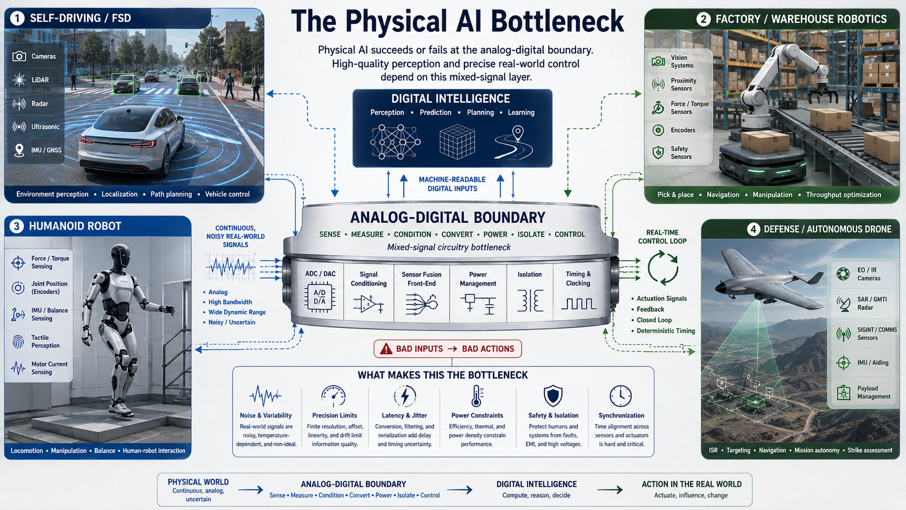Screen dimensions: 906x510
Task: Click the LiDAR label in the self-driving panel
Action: [40, 80]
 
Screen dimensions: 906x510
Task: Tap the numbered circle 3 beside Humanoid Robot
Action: [17, 226]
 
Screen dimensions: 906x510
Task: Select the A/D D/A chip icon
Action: [320, 298]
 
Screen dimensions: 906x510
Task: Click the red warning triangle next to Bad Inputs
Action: [386, 348]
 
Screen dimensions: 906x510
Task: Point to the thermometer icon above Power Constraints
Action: [477, 396]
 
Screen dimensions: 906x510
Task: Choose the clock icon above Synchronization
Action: [620, 396]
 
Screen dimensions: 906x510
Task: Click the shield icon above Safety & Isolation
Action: [553, 396]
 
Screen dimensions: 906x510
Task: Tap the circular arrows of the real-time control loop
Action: [663, 268]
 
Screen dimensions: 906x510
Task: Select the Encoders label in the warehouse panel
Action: [683, 130]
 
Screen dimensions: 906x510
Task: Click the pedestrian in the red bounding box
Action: [229, 86]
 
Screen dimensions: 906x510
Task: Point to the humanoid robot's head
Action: [120, 255]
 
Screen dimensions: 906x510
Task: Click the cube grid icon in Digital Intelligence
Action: [457, 141]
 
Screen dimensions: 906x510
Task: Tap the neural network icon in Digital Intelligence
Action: [395, 141]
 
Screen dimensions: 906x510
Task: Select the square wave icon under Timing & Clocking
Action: [578, 304]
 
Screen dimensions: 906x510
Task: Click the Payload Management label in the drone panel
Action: [873, 392]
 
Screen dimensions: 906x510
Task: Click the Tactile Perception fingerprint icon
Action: [18, 342]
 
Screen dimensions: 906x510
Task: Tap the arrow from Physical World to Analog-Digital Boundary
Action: [251, 490]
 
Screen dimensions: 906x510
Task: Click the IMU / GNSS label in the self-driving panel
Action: [46, 150]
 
